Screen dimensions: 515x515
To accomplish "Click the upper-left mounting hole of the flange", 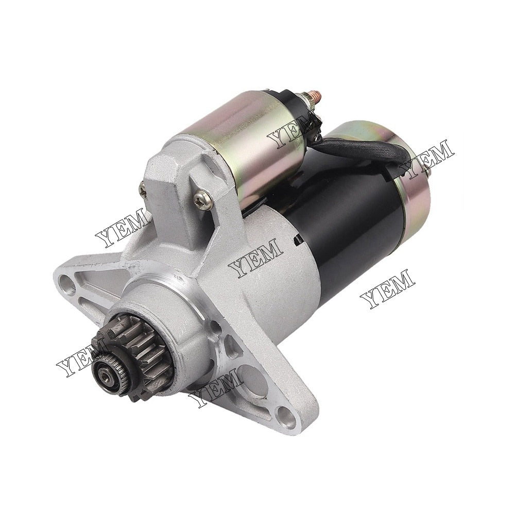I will click(66, 281).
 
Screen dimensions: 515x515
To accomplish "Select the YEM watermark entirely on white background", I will click(387, 289).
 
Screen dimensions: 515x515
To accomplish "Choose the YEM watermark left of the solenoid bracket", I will click(123, 230).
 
